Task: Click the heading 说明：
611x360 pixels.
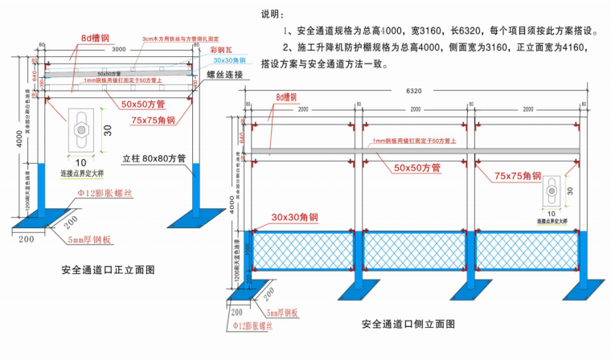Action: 273,14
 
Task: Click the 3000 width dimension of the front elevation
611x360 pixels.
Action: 119,49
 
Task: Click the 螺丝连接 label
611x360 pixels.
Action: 230,75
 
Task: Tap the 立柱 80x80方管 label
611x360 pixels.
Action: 155,158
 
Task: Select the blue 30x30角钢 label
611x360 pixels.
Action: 231,61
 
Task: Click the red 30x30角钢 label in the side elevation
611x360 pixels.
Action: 295,218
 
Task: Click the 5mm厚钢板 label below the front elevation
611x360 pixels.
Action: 89,239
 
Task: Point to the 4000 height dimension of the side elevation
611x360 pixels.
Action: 232,207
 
